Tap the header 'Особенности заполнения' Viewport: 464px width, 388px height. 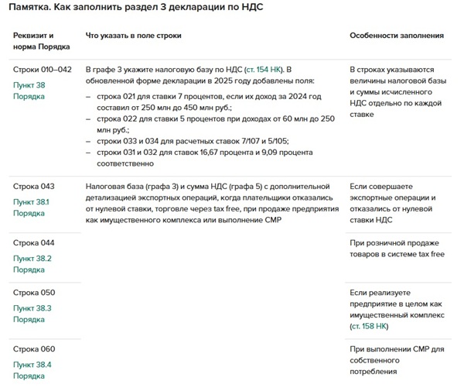click(x=397, y=36)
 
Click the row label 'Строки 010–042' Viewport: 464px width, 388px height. click(x=43, y=70)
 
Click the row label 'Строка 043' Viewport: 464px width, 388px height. click(x=35, y=187)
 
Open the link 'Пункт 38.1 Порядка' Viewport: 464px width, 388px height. click(x=31, y=208)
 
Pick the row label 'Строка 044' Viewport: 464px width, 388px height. click(x=35, y=243)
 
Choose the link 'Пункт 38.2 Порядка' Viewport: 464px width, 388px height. click(x=31, y=264)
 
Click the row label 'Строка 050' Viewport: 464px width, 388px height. click(x=35, y=293)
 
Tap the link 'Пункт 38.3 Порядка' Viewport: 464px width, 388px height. click(x=31, y=314)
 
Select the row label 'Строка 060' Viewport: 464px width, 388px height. click(x=35, y=349)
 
